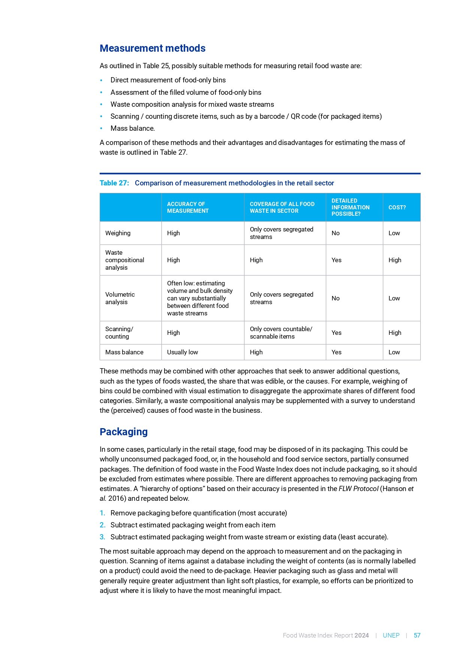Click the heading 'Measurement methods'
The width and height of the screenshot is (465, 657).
[153, 48]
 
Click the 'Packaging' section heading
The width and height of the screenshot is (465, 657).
[124, 432]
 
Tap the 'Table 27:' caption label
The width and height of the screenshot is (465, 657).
[114, 183]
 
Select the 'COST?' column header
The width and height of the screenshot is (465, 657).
[397, 208]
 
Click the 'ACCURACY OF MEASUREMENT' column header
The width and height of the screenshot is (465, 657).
[188, 208]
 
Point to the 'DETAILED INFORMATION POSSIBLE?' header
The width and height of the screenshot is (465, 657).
[350, 208]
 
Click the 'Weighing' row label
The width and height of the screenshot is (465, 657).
[118, 233]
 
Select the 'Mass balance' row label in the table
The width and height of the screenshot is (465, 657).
[124, 352]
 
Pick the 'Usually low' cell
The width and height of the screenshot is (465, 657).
[182, 352]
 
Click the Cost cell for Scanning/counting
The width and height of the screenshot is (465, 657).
[395, 333]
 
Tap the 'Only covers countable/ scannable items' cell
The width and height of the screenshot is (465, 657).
[281, 333]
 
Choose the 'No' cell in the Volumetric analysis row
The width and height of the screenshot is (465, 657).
[335, 298]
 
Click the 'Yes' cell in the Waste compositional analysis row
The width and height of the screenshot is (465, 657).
[336, 260]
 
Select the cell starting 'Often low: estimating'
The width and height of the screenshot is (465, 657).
[200, 298]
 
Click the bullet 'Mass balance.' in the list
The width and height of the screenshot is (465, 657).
[132, 128]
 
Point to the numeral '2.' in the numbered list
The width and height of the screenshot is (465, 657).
[102, 525]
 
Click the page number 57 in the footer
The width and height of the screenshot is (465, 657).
[417, 636]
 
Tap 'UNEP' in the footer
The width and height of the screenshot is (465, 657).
[391, 636]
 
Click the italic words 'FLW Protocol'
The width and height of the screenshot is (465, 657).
[358, 489]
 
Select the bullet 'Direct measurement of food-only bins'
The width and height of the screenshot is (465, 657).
[168, 80]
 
